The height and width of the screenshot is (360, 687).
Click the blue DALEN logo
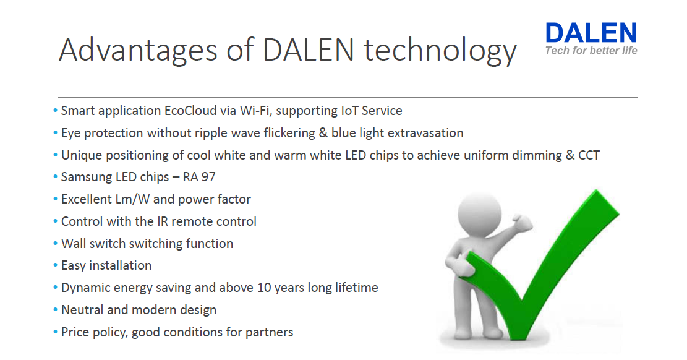(x=591, y=33)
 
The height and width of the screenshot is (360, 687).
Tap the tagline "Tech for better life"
(x=591, y=51)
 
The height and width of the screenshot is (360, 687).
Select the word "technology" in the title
(x=440, y=51)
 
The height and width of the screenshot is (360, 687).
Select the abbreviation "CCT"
(x=589, y=155)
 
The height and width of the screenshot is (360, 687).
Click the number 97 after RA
(x=208, y=177)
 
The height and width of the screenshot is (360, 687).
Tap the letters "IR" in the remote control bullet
(x=163, y=221)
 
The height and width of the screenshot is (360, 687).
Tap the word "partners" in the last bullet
(x=269, y=332)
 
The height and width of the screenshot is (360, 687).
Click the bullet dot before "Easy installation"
(x=56, y=265)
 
